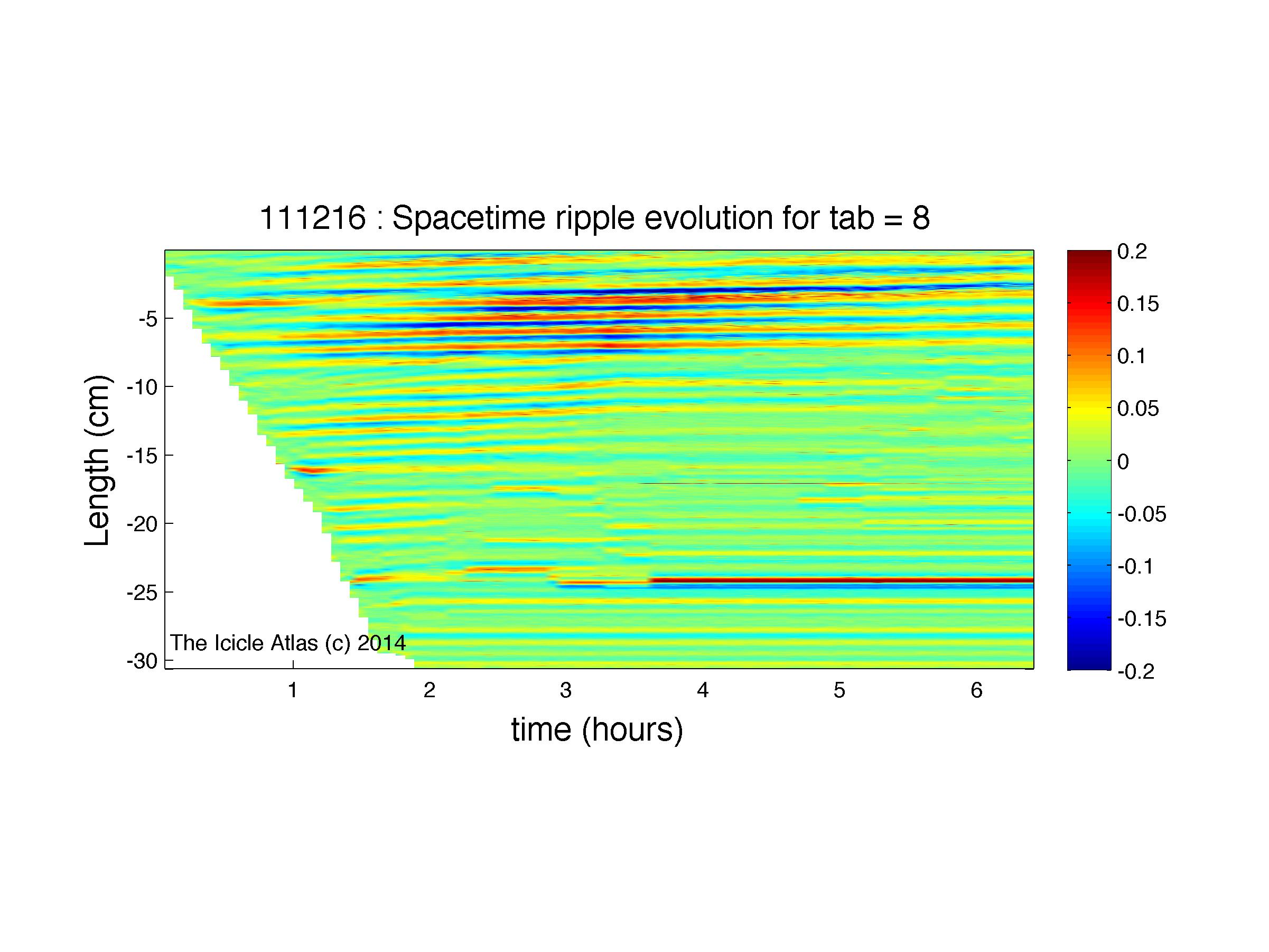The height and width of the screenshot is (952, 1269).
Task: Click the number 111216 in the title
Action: [313, 219]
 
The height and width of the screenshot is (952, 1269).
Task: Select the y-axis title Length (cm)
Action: [98, 460]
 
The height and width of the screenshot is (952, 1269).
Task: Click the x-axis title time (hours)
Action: [597, 731]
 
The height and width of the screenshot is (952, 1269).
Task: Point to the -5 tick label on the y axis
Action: [148, 319]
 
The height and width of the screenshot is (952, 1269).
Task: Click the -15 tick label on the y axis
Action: [142, 456]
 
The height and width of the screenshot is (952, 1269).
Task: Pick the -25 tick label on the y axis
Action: [142, 593]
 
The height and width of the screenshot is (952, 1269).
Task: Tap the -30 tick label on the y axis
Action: [142, 662]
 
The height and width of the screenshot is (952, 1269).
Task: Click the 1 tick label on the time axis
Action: [293, 690]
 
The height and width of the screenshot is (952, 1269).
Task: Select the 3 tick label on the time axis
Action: [566, 690]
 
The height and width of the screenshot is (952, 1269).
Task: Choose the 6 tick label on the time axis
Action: [976, 690]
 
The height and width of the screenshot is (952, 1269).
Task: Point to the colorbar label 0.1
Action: [1132, 356]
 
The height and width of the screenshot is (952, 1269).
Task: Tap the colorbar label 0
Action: [1123, 461]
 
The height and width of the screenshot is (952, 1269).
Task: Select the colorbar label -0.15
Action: [1142, 619]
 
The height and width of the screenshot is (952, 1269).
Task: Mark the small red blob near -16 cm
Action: [306, 471]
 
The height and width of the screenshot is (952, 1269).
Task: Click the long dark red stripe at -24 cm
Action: [842, 580]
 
